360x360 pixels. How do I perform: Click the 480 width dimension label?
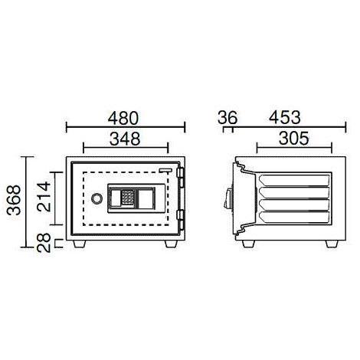tap(123, 118)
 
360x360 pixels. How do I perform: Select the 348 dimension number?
tap(125, 139)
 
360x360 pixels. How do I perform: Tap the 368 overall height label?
tap(14, 200)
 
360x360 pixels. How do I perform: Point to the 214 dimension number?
tap(44, 196)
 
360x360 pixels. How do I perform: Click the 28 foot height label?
tap(44, 243)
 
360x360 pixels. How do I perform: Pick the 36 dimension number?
tap(227, 118)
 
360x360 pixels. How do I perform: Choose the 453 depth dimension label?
tap(285, 118)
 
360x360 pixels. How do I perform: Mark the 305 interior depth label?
tap(294, 139)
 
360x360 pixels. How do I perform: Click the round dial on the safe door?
tap(97, 198)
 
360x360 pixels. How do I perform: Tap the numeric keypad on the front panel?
tap(127, 198)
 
